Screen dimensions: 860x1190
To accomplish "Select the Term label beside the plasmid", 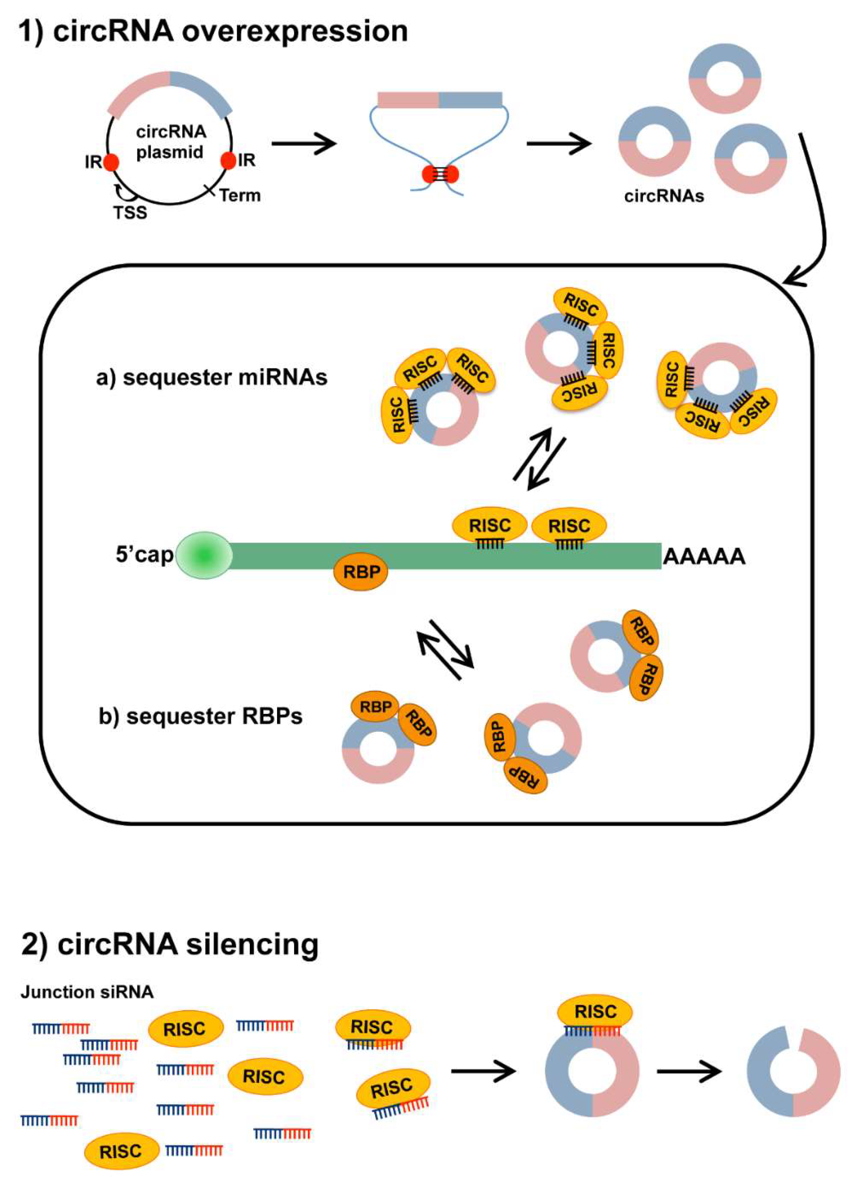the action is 240,195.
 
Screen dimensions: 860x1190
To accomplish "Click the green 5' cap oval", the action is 204,555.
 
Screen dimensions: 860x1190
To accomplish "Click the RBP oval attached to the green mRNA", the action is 361,571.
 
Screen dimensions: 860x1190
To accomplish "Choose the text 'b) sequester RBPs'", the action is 201,716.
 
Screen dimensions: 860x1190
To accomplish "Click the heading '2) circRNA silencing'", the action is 170,944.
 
